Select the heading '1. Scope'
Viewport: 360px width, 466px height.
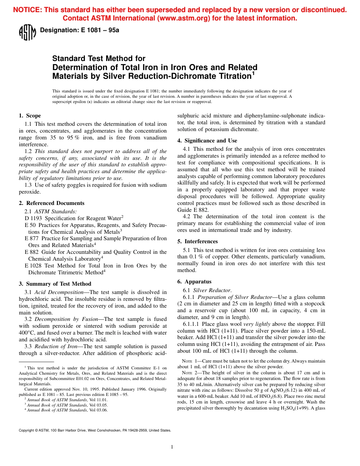click(x=30, y=116)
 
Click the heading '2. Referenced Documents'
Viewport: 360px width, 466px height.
click(x=52, y=203)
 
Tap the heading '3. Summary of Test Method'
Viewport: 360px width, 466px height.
click(x=55, y=284)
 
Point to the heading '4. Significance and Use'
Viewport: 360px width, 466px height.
click(x=207, y=141)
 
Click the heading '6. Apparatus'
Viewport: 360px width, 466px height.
click(x=194, y=281)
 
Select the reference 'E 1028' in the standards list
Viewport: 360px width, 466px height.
click(x=33, y=266)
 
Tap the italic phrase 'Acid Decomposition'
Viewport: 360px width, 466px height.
click(x=59, y=292)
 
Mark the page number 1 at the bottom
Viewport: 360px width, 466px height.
click(x=172, y=447)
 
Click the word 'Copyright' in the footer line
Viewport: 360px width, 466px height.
click(x=27, y=430)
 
